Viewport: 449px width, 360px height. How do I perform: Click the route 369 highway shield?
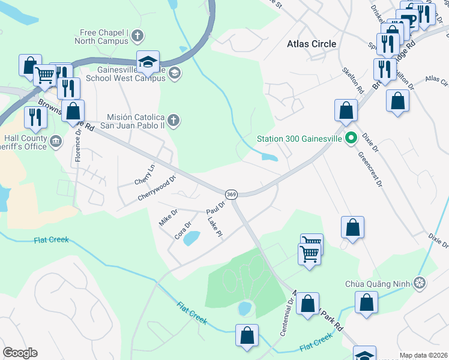coord(231,194)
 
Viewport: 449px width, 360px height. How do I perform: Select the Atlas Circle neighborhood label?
coord(312,44)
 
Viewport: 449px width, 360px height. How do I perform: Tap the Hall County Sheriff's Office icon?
coord(55,142)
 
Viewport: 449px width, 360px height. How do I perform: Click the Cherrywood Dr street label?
coord(157,188)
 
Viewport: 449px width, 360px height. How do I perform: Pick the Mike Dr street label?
coord(167,216)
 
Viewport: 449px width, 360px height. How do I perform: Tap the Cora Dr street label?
coord(182,230)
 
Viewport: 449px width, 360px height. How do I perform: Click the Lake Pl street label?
coord(214,226)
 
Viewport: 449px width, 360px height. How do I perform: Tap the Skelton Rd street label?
coord(352,80)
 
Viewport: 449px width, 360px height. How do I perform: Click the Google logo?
coord(20,353)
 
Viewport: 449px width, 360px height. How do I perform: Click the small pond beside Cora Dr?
coord(191,239)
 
